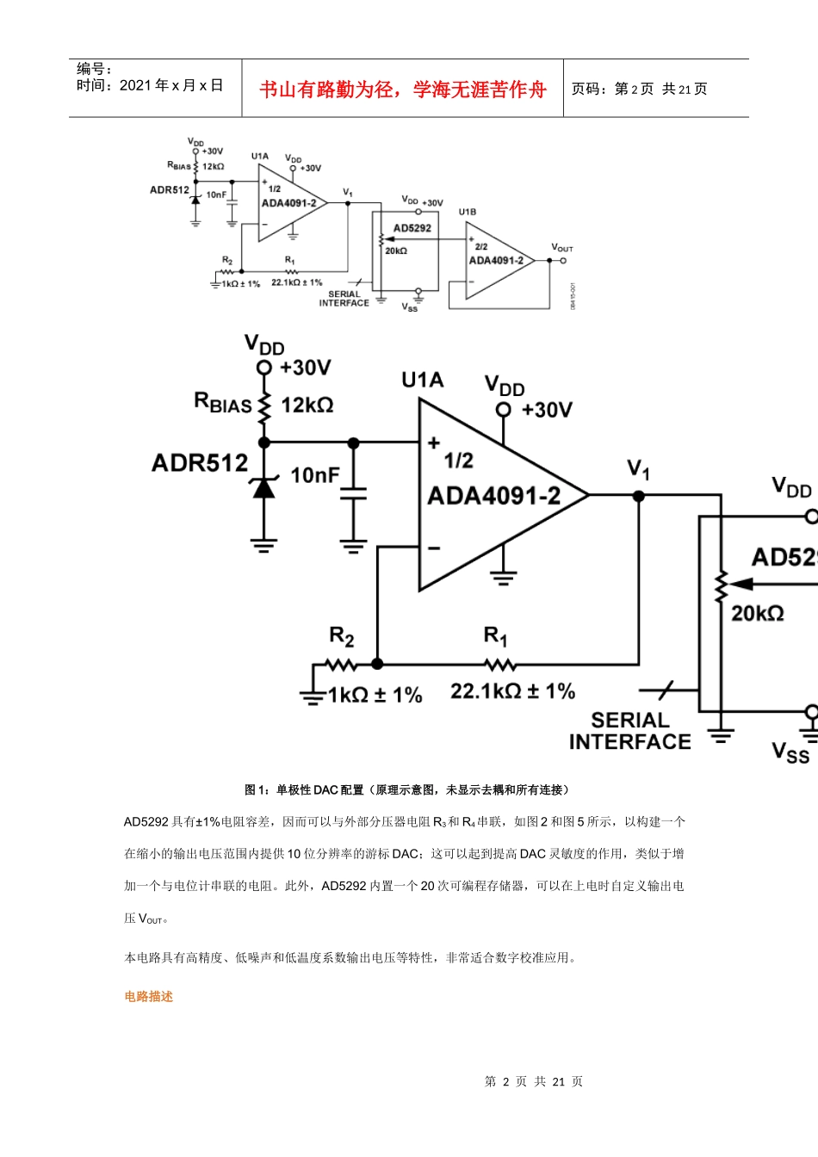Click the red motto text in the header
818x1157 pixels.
pos(402,90)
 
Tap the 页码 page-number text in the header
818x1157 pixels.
pos(639,90)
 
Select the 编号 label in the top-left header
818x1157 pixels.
pos(94,69)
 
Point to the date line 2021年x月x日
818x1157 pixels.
pos(150,85)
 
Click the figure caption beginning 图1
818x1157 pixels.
pos(406,789)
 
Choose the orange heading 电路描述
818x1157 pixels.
pos(148,996)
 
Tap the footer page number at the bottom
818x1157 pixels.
pos(534,1081)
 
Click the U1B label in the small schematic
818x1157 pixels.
pos(467,212)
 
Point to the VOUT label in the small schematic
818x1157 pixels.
pos(562,248)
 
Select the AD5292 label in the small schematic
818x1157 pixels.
pos(412,228)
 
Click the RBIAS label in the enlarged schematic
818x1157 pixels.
pos(223,403)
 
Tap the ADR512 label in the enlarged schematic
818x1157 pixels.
pos(200,463)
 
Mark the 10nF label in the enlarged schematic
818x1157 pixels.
pos(314,475)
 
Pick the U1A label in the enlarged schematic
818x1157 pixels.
pos(422,381)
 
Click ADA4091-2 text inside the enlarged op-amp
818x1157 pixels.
pos(493,496)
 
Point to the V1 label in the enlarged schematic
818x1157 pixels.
pos(638,469)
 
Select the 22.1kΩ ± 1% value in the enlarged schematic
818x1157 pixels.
pos(512,691)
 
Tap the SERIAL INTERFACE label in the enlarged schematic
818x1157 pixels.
pos(629,731)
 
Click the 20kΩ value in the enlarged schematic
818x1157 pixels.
pos(757,613)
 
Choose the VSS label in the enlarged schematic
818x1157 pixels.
pos(790,752)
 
